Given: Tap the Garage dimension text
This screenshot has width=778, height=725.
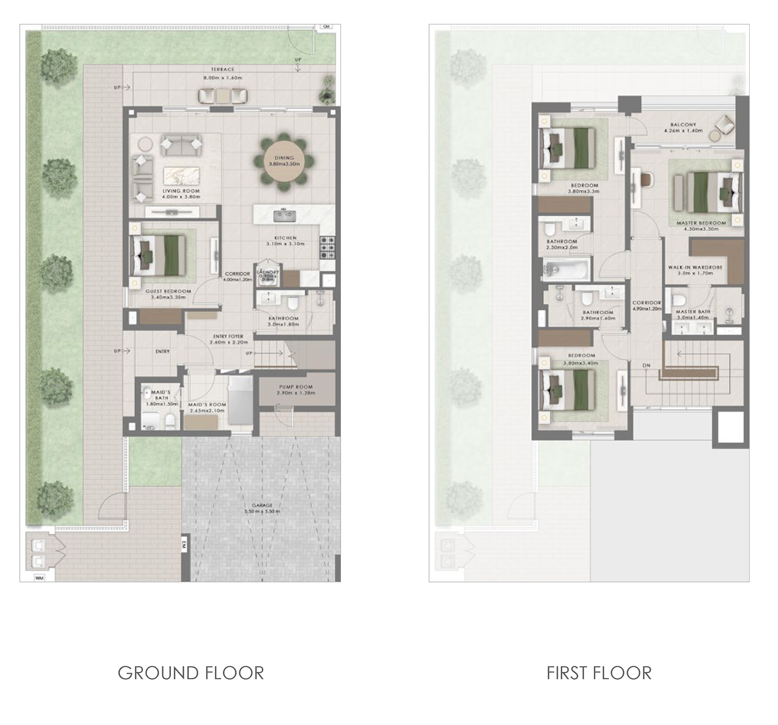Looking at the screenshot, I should (x=262, y=511).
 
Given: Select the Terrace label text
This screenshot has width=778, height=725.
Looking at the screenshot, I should (x=222, y=70).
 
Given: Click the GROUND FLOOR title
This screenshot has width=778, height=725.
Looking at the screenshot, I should (x=191, y=673).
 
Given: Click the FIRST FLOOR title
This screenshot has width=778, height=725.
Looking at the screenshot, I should (x=599, y=673).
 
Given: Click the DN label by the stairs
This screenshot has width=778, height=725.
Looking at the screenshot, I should (x=646, y=365).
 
